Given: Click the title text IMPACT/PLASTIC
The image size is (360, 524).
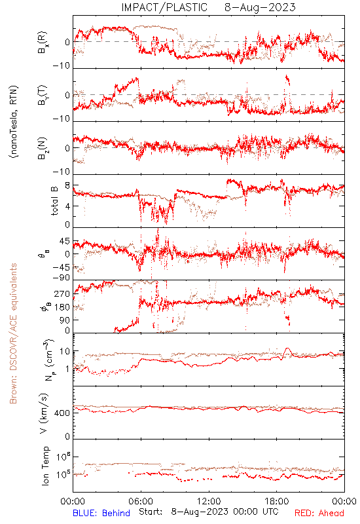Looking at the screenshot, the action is click(164, 7).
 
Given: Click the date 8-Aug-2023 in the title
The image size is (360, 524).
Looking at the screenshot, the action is click(260, 7).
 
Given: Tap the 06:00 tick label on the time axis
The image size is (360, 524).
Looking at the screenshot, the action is click(141, 501).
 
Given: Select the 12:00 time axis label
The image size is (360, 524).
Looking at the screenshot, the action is click(209, 501).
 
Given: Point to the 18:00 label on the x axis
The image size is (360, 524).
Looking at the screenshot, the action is click(277, 501).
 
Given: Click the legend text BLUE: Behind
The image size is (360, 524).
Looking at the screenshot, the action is click(101, 513).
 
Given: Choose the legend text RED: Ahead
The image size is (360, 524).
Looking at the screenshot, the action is click(319, 513).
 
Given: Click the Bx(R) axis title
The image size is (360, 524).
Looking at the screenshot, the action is click(43, 43).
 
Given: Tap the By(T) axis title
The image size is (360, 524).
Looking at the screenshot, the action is click(43, 95).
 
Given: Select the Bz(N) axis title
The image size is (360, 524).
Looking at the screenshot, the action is click(43, 148).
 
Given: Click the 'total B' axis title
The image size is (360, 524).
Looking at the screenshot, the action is click(54, 201).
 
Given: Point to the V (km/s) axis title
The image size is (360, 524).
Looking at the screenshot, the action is click(43, 413).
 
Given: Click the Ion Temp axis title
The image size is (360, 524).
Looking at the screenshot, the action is click(45, 466).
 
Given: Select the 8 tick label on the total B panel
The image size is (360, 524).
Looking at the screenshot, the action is click(68, 185).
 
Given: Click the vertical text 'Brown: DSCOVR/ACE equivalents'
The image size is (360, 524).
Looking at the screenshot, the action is click(13, 333).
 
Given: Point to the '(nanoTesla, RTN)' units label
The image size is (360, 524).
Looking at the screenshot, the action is click(14, 122).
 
